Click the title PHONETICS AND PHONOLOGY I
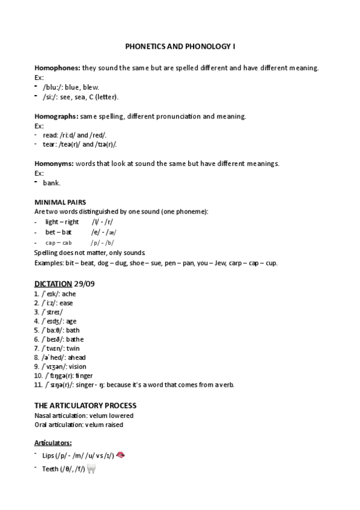(180, 46)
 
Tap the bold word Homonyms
(54, 164)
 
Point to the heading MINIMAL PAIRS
(59, 203)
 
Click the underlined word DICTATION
(53, 283)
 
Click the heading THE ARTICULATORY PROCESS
(85, 405)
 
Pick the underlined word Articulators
(53, 442)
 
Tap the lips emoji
(120, 455)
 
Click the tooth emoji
(92, 468)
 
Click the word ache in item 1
(69, 294)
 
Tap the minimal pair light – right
(62, 222)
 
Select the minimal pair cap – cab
(58, 242)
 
